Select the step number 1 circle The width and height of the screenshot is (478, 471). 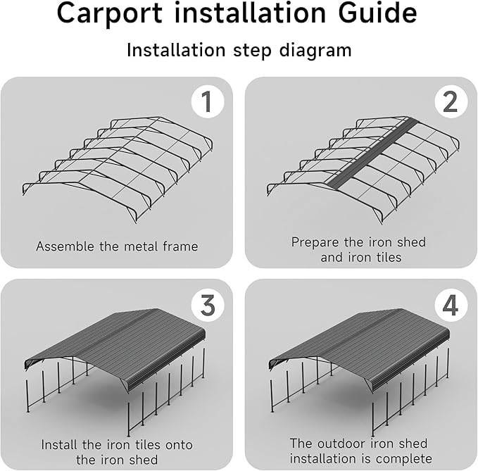coord(207,102)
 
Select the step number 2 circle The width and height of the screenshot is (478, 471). coord(451,102)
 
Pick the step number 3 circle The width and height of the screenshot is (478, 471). coord(207,305)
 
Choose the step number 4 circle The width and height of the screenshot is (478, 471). coord(451,305)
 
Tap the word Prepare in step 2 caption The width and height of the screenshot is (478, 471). coord(315,242)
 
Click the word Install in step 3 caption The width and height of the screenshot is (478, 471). coord(61,445)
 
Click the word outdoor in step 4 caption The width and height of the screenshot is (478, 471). coord(341,444)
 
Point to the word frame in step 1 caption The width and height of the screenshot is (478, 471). coord(181,246)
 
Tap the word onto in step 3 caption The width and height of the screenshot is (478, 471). coord(178,445)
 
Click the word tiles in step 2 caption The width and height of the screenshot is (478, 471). coord(386,258)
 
